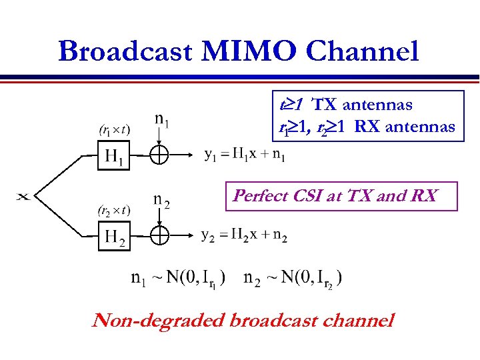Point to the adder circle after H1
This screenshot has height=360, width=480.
[159, 155]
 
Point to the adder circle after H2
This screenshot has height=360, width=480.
[159, 235]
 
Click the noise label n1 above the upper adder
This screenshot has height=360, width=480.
[161, 121]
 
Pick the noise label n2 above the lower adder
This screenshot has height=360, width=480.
[161, 200]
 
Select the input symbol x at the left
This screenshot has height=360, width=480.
[23, 196]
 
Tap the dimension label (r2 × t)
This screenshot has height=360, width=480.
[114, 211]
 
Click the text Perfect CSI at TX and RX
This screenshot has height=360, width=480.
[335, 196]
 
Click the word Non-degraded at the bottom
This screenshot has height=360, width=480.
[157, 321]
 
